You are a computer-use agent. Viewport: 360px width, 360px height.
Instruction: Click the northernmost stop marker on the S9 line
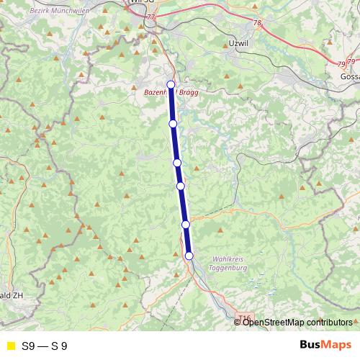click(x=171, y=85)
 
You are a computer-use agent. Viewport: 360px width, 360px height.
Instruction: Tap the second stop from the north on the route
click(x=173, y=124)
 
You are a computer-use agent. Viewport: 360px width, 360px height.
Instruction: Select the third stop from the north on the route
click(x=177, y=163)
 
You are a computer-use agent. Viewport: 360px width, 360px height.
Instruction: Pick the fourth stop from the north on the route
click(x=181, y=186)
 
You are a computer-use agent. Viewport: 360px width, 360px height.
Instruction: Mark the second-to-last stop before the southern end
click(x=186, y=225)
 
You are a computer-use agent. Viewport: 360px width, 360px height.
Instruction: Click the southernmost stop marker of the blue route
click(x=189, y=256)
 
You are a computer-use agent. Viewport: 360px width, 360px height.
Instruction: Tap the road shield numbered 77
click(x=150, y=16)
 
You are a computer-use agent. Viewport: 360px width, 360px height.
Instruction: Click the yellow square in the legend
click(x=9, y=346)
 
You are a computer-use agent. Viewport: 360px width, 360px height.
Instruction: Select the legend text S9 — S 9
click(x=44, y=346)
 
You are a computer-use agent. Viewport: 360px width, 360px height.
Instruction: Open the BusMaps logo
click(x=325, y=346)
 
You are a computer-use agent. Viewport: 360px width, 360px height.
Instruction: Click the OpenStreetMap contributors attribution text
click(x=297, y=322)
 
